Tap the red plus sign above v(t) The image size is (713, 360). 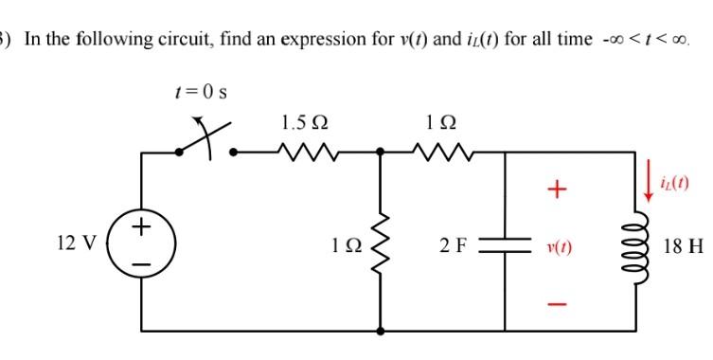(558, 192)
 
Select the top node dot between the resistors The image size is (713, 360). (381, 151)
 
